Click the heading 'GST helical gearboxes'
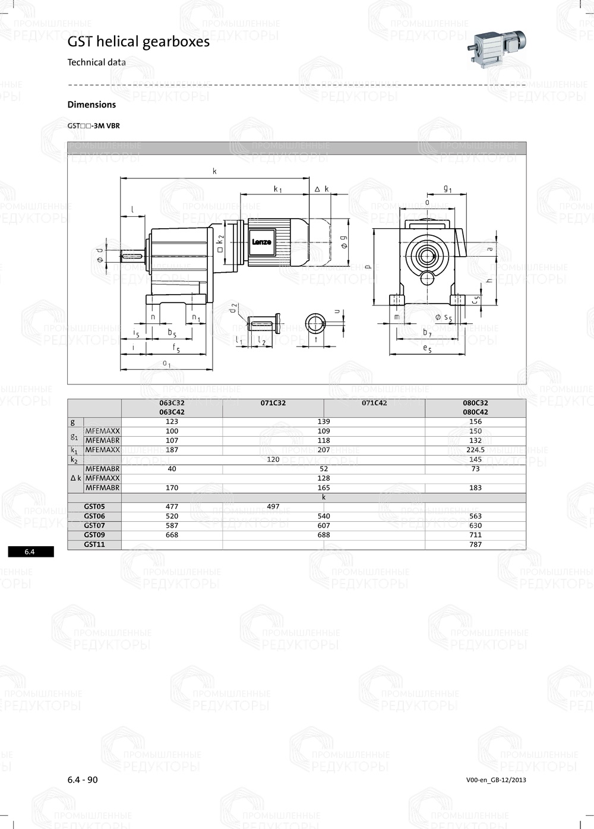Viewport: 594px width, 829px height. point(138,42)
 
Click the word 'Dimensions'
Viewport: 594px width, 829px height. point(91,105)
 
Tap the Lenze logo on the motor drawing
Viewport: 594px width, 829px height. point(261,242)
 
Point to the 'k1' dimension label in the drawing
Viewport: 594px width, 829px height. point(277,189)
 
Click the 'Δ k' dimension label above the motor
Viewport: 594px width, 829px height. point(321,189)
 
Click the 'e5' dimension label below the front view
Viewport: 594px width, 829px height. point(427,349)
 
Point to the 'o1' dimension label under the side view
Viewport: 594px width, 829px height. point(167,364)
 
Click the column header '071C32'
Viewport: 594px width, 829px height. point(273,403)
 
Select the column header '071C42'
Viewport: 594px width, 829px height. point(374,403)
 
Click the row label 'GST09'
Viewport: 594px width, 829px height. point(94,535)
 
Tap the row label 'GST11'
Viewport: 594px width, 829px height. point(94,544)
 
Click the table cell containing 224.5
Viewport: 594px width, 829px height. point(475,450)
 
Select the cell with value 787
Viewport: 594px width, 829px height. point(475,544)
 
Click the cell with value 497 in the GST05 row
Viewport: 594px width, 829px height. point(273,507)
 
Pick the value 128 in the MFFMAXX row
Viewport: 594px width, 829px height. point(324,478)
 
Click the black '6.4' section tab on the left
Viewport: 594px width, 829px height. point(30,552)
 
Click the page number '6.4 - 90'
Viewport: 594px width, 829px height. point(83,780)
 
